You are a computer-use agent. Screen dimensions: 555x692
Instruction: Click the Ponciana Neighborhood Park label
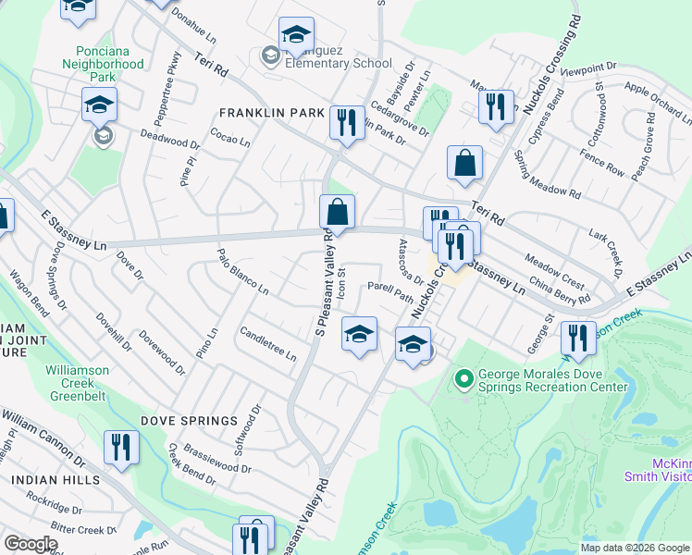[104, 57]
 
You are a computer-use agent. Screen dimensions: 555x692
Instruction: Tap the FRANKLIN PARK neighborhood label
[270, 113]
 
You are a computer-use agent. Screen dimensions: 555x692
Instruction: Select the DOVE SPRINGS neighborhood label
[189, 421]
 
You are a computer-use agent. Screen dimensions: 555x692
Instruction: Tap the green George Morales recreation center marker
[464, 377]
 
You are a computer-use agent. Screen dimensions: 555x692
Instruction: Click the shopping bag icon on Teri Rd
[464, 163]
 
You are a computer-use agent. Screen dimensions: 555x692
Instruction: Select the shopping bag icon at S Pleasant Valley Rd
[337, 212]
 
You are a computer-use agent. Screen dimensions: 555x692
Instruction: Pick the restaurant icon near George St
[578, 339]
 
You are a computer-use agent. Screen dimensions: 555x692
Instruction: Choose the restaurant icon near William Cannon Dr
[121, 448]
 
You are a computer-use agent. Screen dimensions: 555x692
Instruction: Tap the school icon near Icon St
[359, 334]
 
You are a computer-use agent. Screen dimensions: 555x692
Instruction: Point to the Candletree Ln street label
[267, 343]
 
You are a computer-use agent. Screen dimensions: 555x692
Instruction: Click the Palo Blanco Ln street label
[242, 271]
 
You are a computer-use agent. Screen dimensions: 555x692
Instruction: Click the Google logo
[31, 544]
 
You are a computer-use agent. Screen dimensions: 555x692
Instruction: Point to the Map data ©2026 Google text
[634, 548]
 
